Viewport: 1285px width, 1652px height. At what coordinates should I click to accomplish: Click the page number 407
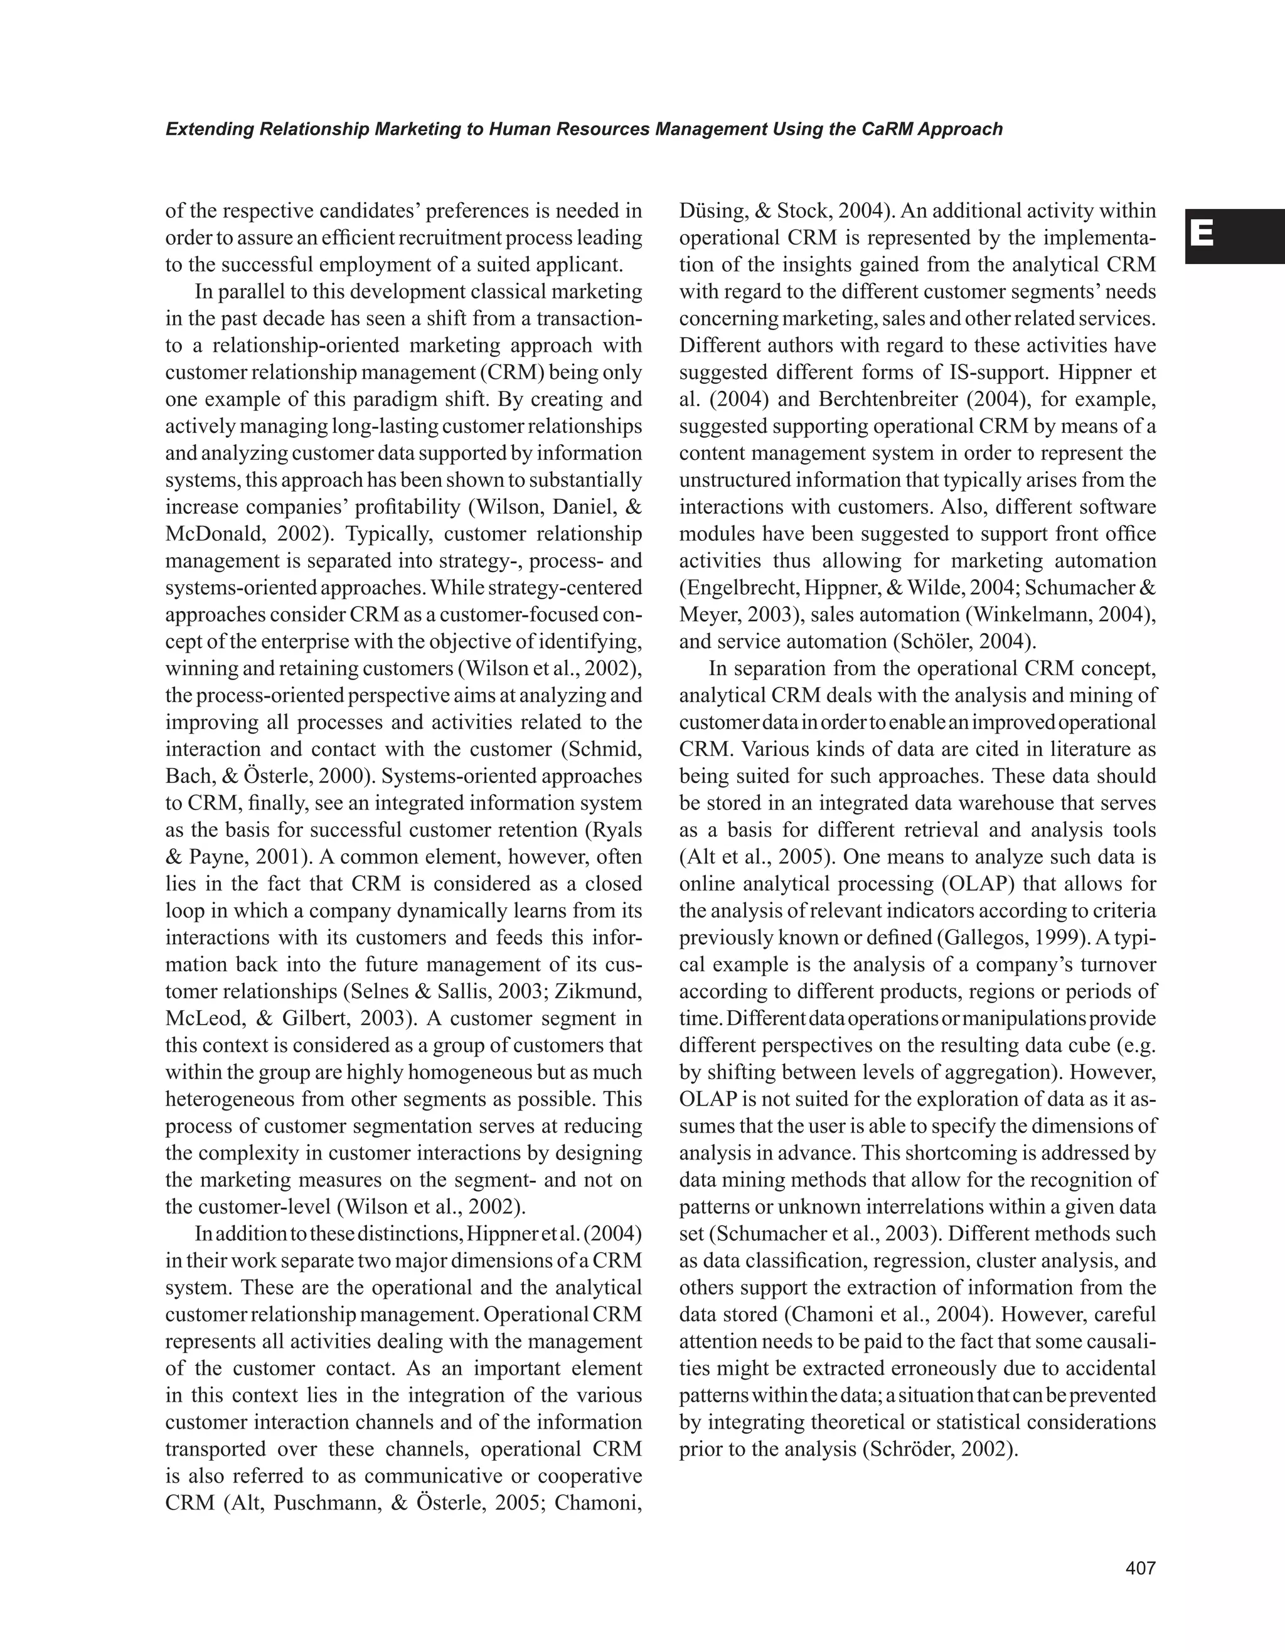[1141, 1569]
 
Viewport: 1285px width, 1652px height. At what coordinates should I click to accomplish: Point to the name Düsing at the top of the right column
[707, 211]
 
